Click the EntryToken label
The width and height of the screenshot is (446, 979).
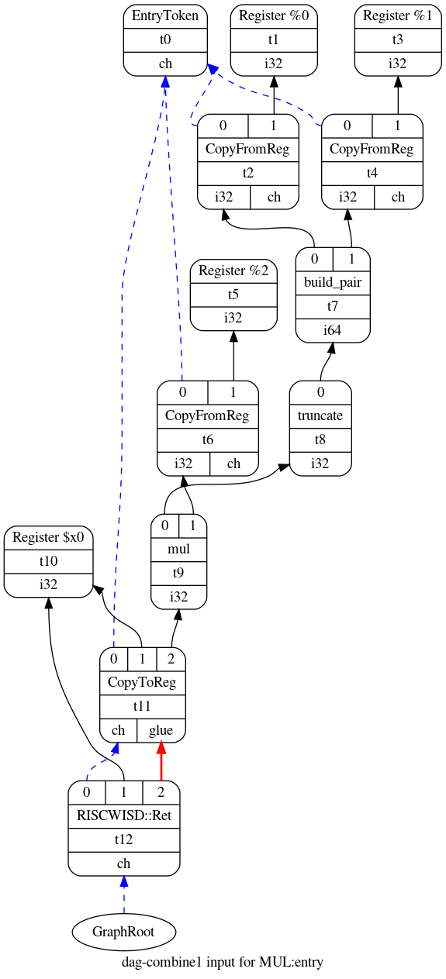point(165,16)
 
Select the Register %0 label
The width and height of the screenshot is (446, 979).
point(273,16)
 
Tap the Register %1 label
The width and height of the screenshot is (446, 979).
point(398,16)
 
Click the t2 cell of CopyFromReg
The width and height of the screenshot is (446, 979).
point(248,173)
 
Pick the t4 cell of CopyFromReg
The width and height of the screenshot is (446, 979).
point(372,173)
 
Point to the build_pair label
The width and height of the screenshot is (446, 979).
point(333,282)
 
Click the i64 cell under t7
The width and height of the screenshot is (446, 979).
point(333,330)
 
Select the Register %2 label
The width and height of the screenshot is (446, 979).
point(233,271)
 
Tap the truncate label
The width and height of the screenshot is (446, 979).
point(320,415)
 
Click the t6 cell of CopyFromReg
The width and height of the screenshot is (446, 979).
point(207,440)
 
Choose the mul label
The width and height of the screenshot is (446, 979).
point(178,549)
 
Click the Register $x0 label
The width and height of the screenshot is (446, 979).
point(48,537)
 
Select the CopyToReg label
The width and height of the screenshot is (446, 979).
point(143,682)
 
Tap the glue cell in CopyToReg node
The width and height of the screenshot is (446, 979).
point(161,730)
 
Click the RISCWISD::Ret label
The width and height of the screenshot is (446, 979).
point(124,815)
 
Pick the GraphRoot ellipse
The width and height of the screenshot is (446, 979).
point(124,931)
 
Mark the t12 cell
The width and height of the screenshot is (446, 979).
point(124,839)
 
